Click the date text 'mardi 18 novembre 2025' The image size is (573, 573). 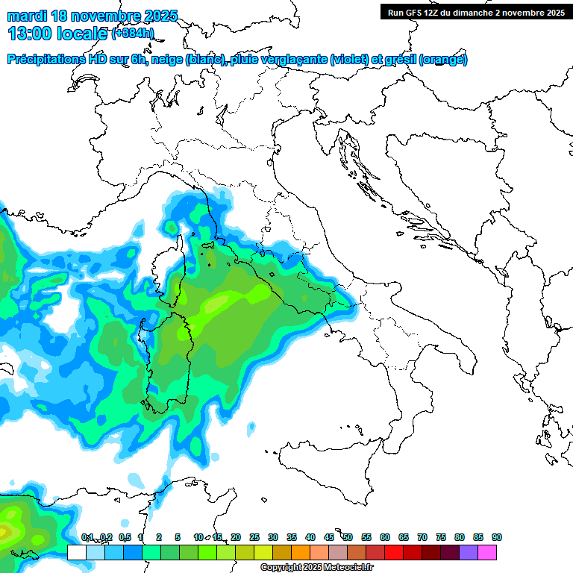point(93,14)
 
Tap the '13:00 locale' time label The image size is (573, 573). point(57,33)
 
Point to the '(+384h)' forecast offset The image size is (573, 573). point(132,34)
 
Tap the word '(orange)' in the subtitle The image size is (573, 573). point(444,60)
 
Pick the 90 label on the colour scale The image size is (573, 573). point(497,537)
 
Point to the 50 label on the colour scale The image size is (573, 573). point(348,537)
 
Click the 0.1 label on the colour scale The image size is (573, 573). point(87,537)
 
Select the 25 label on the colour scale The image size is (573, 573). point(254,537)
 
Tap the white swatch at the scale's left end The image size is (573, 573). point(76,552)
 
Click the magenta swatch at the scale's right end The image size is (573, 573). point(487,552)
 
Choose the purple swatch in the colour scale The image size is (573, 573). point(469,552)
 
